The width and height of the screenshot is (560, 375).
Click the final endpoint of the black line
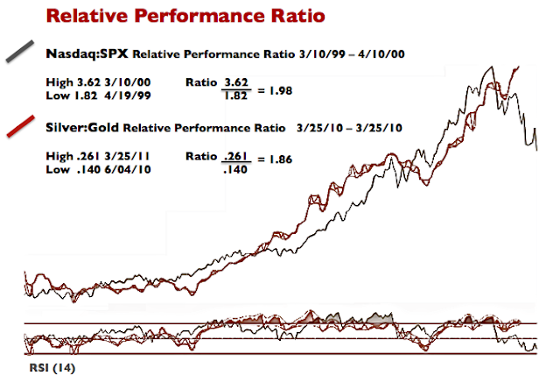(537, 149)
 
